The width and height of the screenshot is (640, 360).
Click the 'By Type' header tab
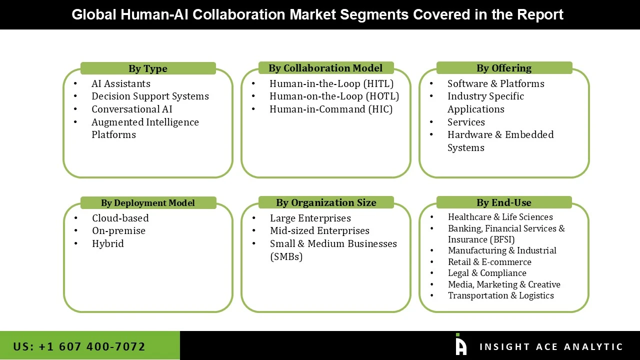[x=148, y=68]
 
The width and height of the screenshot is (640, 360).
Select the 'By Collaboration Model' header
[x=325, y=68]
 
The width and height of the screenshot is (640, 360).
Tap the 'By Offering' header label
[x=504, y=68]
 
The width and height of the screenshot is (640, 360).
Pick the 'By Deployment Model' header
[x=148, y=202]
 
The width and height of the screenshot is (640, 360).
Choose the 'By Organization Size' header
[x=326, y=202]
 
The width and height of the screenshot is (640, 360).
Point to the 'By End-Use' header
[x=504, y=202]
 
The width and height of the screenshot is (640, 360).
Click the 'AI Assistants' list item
[x=120, y=83]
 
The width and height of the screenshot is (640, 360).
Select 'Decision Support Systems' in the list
[x=150, y=96]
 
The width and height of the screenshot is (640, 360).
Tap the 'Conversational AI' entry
[x=132, y=109]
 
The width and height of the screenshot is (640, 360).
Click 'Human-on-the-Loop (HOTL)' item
[x=334, y=96]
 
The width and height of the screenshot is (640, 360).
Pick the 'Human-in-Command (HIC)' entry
[x=331, y=109]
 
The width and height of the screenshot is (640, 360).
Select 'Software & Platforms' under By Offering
[x=495, y=83]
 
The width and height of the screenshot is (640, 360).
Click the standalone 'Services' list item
[x=466, y=122]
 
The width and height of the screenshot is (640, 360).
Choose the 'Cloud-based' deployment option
[x=120, y=218]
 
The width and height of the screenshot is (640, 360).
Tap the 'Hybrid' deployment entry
[x=108, y=243]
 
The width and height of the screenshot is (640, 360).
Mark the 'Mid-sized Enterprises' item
[x=319, y=230]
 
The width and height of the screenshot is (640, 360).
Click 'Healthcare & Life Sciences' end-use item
[x=500, y=217]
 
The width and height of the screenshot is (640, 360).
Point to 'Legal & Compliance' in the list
[x=487, y=273]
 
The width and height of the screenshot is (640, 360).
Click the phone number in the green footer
[x=79, y=346]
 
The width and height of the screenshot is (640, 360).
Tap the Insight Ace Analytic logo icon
[x=460, y=345]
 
